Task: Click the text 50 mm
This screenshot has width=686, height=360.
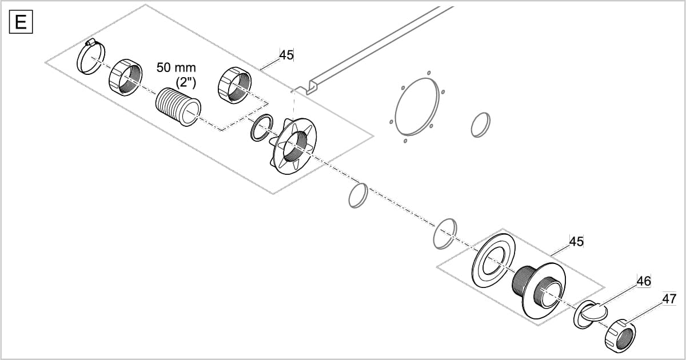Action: click(x=176, y=67)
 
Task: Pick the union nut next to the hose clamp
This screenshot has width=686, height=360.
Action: click(x=124, y=77)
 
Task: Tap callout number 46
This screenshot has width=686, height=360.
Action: click(x=644, y=281)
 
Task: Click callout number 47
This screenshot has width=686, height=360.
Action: click(x=669, y=299)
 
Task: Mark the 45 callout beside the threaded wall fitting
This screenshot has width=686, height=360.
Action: click(x=577, y=242)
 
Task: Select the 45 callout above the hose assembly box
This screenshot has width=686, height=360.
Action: click(x=286, y=55)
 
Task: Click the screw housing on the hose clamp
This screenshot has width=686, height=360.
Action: click(x=90, y=43)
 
